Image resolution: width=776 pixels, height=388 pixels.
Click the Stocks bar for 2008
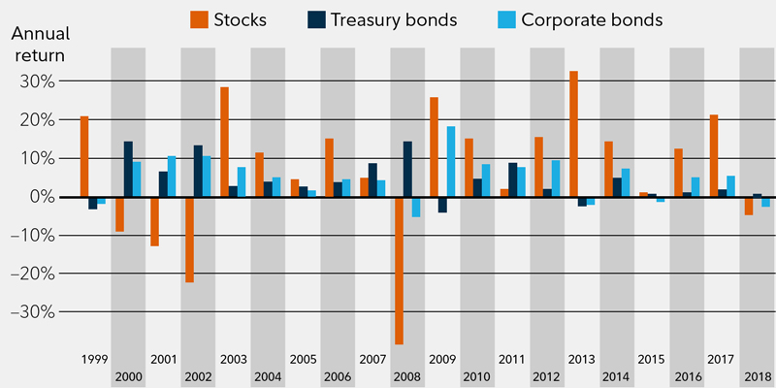click(399, 270)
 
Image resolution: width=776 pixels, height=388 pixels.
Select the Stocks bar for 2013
click(574, 134)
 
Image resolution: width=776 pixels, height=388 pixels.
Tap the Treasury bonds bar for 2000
click(128, 169)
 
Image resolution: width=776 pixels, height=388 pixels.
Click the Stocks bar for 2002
click(189, 239)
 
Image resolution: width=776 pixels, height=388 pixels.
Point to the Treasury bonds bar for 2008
click(407, 169)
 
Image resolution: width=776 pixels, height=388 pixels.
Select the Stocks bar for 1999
click(84, 156)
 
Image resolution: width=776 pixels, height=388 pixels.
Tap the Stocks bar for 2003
click(224, 142)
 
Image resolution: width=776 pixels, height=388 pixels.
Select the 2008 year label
click(407, 375)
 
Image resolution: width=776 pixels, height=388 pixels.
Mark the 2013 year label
click(583, 359)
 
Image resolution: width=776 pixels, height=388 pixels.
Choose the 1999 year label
click(93, 359)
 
